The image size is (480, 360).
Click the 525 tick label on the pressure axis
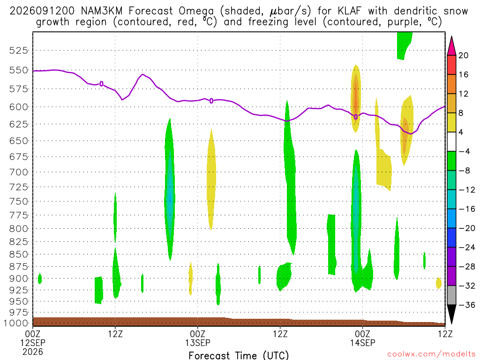(18, 51)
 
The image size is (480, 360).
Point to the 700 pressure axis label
(18, 172)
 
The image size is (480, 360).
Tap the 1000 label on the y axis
(16, 323)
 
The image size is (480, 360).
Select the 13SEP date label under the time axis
(197, 343)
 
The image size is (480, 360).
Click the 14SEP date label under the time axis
(362, 343)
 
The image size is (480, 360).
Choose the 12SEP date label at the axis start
(33, 343)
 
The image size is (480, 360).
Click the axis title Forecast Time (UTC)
(239, 355)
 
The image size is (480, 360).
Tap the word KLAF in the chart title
(349, 11)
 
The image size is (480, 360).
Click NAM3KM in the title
(102, 11)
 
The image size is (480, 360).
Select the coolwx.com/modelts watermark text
(431, 354)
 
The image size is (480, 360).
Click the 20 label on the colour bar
(463, 55)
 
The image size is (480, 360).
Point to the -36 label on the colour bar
(466, 305)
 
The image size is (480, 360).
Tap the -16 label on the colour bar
(466, 209)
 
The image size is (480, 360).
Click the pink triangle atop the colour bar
(451, 47)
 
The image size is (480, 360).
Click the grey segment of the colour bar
(451, 295)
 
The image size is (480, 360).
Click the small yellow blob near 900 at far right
(439, 283)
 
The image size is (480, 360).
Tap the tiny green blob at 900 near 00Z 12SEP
(39, 278)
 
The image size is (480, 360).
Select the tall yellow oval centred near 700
(211, 180)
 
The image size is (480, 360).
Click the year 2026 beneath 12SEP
(33, 352)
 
